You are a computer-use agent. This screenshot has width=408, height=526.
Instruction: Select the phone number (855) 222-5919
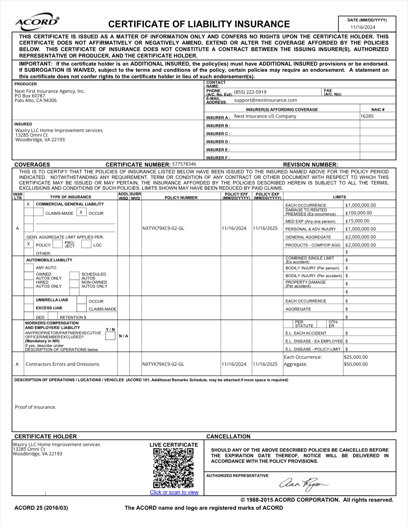click(x=250, y=92)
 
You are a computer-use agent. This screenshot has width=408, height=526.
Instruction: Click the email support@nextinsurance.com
click(x=266, y=100)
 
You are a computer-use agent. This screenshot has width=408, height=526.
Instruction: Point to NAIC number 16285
click(x=367, y=116)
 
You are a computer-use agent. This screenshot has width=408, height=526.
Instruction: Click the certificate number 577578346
click(x=184, y=164)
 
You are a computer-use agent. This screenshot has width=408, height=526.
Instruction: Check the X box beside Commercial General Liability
click(x=28, y=204)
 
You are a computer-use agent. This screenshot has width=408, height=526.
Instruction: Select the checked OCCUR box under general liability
click(x=81, y=212)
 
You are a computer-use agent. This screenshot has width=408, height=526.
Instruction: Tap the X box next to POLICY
click(x=28, y=244)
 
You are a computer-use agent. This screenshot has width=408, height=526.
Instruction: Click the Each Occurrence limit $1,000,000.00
click(x=360, y=205)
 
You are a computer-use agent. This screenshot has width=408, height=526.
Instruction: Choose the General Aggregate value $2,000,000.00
click(x=360, y=237)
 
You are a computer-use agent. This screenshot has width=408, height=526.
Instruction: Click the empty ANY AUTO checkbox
click(x=29, y=267)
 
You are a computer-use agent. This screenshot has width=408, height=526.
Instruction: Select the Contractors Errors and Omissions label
click(x=62, y=364)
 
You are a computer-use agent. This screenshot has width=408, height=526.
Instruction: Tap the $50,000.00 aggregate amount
click(x=356, y=364)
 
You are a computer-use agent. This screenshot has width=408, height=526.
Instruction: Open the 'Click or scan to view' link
click(x=174, y=492)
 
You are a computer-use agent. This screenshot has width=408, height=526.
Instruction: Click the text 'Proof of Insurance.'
click(x=36, y=407)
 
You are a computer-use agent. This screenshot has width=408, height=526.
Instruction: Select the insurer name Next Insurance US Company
click(x=265, y=116)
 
